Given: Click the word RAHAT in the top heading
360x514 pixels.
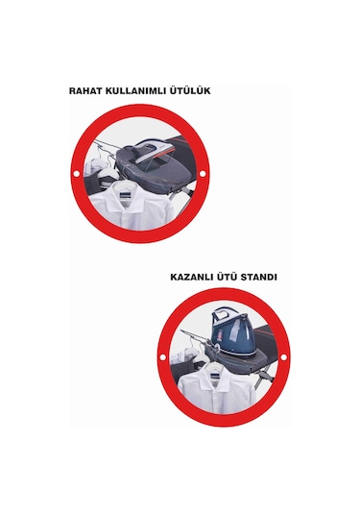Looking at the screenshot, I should [x=88, y=91].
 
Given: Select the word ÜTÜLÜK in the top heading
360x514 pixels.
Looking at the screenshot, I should [x=192, y=91].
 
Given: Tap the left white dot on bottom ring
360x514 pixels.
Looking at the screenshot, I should [x=163, y=358].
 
